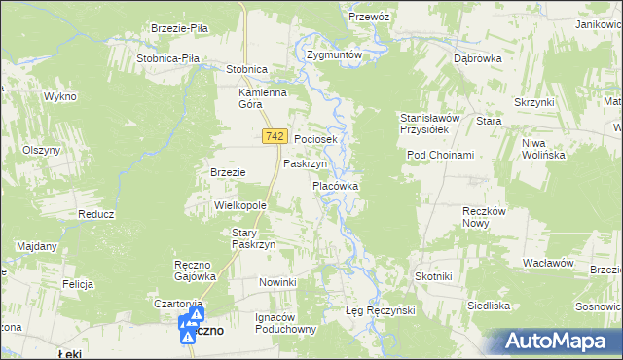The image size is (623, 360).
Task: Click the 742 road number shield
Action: [273, 139]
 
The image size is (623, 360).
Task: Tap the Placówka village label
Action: [336, 185]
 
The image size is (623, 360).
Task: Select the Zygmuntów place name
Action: [334, 55]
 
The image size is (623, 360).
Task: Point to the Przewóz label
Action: [369, 17]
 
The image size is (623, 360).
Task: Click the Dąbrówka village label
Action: [477, 58]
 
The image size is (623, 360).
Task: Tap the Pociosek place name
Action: [315, 140]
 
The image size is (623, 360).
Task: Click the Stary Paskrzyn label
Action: [254, 239]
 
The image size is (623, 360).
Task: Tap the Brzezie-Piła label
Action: [180, 28]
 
